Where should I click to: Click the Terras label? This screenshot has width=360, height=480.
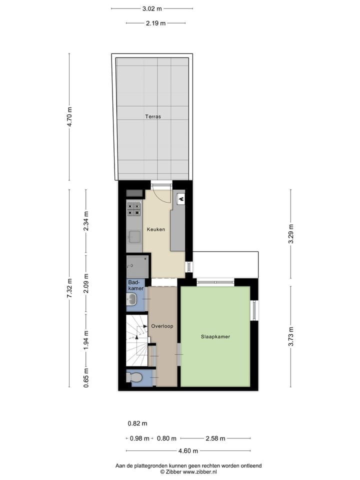pyautogui.click(x=153, y=116)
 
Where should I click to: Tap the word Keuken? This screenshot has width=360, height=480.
pyautogui.click(x=155, y=229)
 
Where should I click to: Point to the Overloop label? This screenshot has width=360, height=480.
pyautogui.click(x=162, y=326)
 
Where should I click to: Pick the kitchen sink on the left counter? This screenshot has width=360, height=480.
pyautogui.click(x=134, y=236)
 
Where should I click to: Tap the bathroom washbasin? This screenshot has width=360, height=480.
pyautogui.click(x=132, y=299)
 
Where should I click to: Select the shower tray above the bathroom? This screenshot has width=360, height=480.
pyautogui.click(x=137, y=266)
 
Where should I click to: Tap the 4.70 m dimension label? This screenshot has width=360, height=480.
pyautogui.click(x=70, y=117)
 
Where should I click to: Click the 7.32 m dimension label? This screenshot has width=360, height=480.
pyautogui.click(x=70, y=288)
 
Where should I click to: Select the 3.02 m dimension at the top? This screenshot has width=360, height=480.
pyautogui.click(x=152, y=8)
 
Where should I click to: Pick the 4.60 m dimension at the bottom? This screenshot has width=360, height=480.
pyautogui.click(x=188, y=451)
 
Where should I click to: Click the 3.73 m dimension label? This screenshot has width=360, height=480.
pyautogui.click(x=291, y=336)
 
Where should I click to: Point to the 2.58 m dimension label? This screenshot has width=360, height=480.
pyautogui.click(x=215, y=438)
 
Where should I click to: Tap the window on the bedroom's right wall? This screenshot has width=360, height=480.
pyautogui.click(x=254, y=310)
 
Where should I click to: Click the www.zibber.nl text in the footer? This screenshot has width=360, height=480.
pyautogui.click(x=199, y=471)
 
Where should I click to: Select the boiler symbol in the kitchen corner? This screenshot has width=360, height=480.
pyautogui.click(x=181, y=198)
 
